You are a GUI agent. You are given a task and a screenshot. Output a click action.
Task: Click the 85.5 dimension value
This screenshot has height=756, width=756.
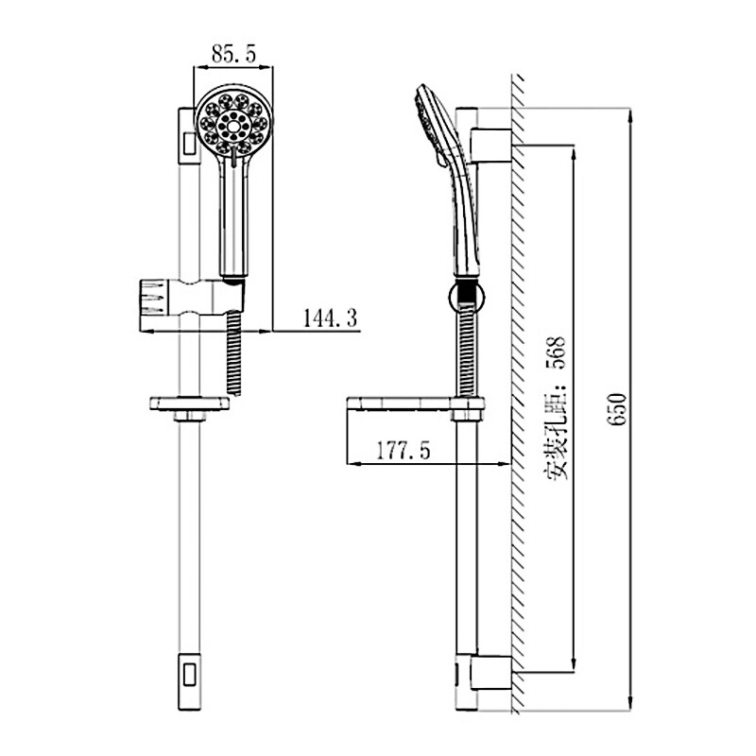coord(233,54)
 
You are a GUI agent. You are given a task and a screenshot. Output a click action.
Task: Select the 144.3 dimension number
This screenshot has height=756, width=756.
coord(330,318)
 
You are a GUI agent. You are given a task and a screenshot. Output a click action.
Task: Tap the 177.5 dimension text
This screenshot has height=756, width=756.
coord(404,451)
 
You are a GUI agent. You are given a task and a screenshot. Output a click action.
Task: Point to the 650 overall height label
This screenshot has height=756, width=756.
coord(617,409)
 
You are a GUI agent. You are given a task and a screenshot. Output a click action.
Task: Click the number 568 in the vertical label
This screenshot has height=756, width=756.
coord(556,352)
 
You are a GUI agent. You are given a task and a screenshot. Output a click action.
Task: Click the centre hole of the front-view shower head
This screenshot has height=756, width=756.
coord(233,127)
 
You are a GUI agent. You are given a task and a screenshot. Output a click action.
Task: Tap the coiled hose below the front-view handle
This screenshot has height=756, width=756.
coord(233,352)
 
